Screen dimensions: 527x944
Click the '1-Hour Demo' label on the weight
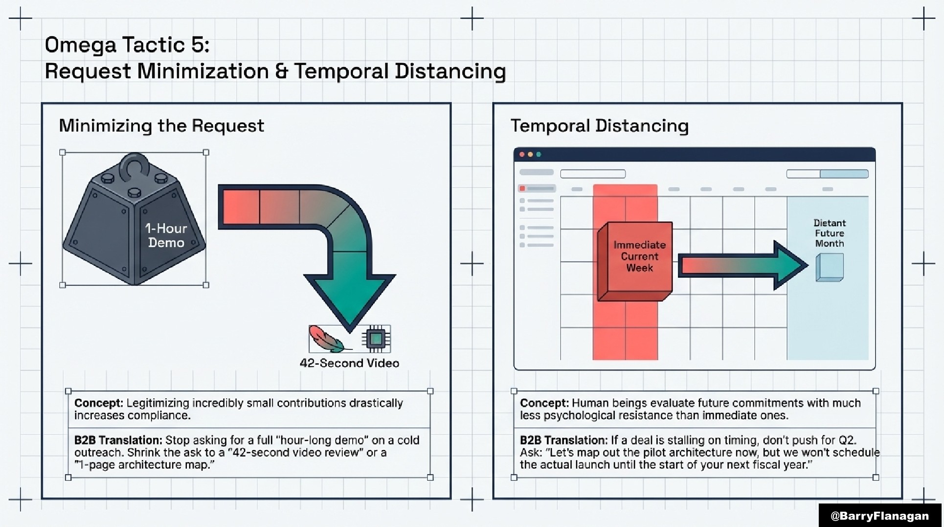click(166, 235)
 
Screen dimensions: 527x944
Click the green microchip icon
click(376, 339)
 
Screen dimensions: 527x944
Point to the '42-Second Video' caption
click(349, 363)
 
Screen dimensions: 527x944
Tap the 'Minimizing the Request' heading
click(161, 126)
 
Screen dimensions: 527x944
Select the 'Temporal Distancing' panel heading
click(599, 126)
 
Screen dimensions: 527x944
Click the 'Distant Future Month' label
click(829, 233)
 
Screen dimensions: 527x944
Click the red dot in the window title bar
click(522, 155)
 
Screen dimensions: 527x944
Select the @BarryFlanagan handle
click(879, 516)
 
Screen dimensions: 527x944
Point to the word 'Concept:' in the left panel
click(98, 403)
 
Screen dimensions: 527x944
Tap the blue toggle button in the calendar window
click(844, 174)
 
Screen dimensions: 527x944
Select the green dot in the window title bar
click(539, 155)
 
